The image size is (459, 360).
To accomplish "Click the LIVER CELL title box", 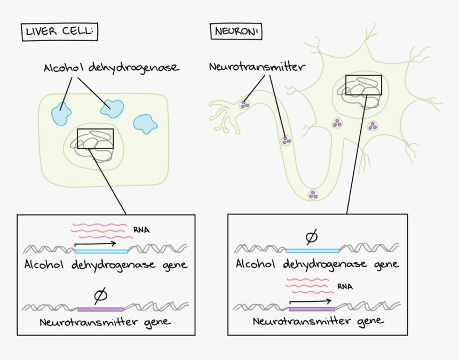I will [x=59, y=33].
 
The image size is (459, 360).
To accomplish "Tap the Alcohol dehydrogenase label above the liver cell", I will [x=111, y=68].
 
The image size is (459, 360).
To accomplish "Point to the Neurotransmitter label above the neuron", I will [x=257, y=67].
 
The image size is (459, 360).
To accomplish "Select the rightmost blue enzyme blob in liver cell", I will [x=145, y=123].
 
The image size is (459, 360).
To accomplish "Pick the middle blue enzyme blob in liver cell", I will [x=112, y=108].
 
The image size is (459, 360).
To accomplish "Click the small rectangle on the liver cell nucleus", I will [x=96, y=139].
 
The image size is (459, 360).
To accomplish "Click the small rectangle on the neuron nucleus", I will [x=363, y=85].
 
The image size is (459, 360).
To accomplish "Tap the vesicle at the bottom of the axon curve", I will [x=313, y=195].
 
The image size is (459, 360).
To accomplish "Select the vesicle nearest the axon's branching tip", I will [x=245, y=105].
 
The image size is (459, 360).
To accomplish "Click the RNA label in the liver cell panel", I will [x=142, y=230].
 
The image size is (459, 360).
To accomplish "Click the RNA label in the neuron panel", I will [x=345, y=287].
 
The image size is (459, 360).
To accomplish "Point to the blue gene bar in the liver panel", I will [x=101, y=251].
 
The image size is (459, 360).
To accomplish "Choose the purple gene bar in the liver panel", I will [x=100, y=309].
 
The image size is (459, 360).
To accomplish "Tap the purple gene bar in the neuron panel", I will [x=312, y=309].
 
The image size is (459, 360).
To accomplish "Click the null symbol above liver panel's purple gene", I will [x=100, y=294].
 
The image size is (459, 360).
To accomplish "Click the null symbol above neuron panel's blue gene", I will [x=311, y=236].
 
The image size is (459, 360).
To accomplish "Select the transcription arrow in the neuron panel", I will [x=311, y=301].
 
